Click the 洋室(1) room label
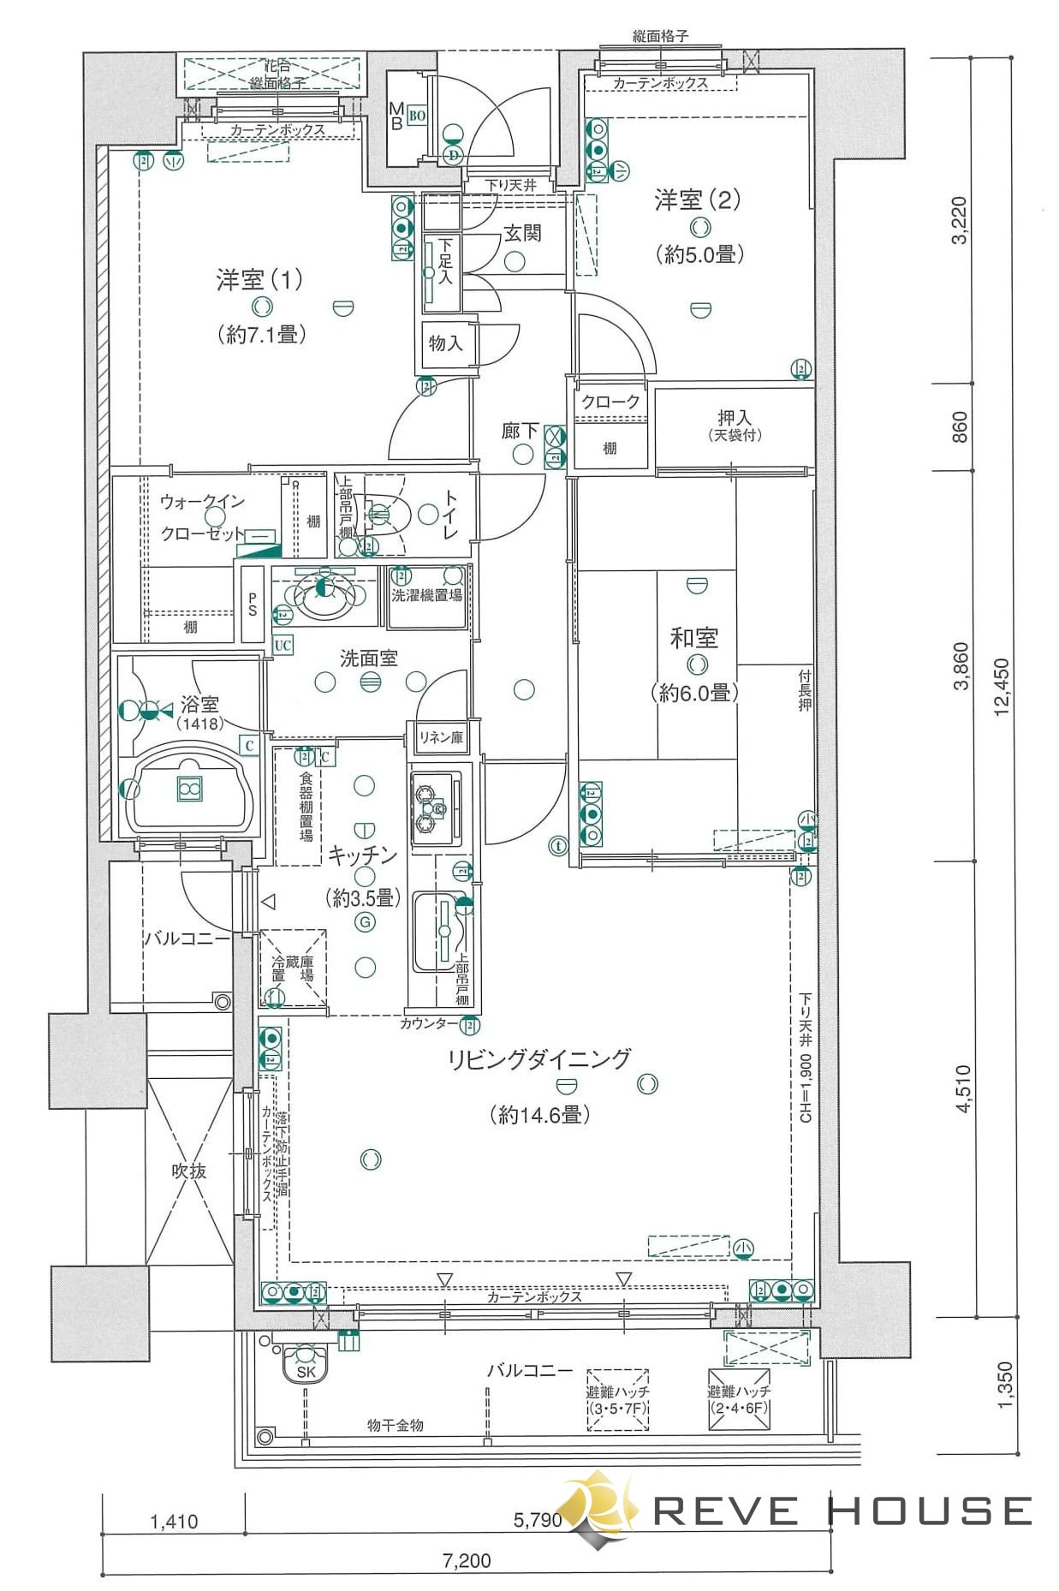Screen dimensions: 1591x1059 [x=259, y=280]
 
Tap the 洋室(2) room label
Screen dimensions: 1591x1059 [x=697, y=200]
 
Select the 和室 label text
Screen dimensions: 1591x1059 [x=693, y=638]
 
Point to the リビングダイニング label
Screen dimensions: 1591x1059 [x=539, y=1059]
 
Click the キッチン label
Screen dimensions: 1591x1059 [x=363, y=855]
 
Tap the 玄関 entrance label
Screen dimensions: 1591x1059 [x=521, y=233]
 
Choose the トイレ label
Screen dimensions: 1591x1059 [x=449, y=514]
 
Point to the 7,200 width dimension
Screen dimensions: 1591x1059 [x=467, y=1560]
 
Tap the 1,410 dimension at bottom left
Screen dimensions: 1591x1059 [x=174, y=1522]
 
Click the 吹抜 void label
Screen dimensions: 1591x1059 [x=189, y=1171]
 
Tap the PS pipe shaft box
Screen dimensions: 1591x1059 [x=253, y=604]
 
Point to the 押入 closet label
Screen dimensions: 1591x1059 [x=734, y=418]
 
